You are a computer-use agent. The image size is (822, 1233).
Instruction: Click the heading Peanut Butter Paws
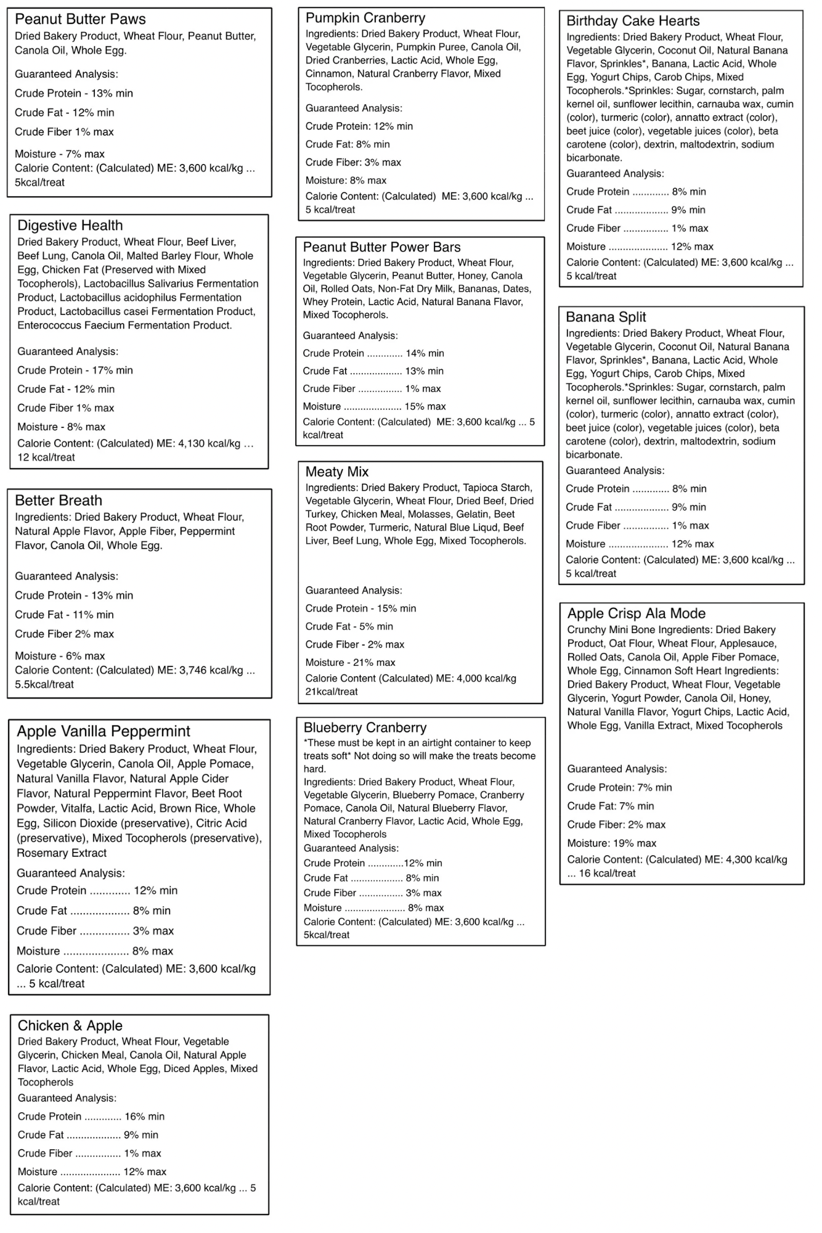[80, 19]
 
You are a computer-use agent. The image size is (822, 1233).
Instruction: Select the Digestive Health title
[70, 225]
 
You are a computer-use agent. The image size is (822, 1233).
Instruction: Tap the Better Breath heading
[59, 500]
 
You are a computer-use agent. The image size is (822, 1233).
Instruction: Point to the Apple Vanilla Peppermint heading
[104, 731]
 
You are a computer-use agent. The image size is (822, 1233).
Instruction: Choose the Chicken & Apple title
[70, 1025]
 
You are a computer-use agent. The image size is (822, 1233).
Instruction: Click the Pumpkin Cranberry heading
[365, 18]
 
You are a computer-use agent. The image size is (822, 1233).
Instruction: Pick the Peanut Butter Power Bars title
[381, 247]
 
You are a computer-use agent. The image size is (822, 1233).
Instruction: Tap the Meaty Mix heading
[337, 472]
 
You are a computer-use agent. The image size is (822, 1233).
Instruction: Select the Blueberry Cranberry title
[365, 727]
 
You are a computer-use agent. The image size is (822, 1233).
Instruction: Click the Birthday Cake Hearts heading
[633, 21]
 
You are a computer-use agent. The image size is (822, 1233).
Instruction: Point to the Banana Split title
[606, 317]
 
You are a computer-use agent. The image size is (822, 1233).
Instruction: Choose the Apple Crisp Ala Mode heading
[636, 613]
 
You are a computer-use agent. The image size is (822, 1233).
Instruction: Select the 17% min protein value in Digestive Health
[112, 370]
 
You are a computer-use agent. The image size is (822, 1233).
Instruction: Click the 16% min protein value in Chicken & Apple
[144, 1116]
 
